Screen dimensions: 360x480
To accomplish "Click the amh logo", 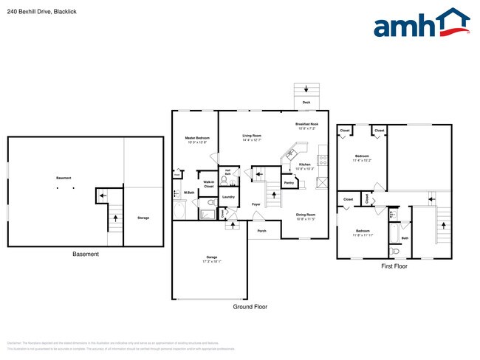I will pos(421,24).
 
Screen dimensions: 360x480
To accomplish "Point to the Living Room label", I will pos(252,137).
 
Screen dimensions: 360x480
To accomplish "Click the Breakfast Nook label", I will pos(306,126).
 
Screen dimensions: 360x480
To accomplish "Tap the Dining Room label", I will pos(306,217).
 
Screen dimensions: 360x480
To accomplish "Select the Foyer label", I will pos(256,204).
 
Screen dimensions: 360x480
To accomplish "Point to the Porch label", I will pos(261,231).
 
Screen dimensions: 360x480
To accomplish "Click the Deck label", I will pos(306,103).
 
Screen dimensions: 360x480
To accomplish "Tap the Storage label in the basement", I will pos(143,218).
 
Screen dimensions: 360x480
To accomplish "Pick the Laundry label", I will pos(228,197).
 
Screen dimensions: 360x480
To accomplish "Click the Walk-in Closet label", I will pos(209,185).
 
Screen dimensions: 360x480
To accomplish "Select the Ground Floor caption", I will pos(250,306).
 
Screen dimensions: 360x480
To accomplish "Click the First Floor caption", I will pos(395,266).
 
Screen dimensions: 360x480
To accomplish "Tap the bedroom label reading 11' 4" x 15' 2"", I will pos(362,158).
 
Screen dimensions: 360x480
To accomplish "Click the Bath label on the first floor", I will pos(405,238).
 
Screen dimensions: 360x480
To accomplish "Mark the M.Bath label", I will pos(188,193).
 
